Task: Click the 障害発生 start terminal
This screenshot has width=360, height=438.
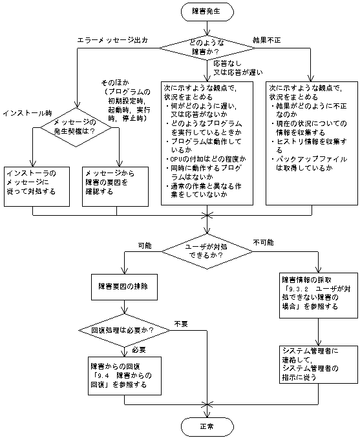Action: click(207, 12)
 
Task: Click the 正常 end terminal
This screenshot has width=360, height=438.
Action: click(207, 426)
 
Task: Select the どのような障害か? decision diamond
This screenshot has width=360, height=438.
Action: click(207, 46)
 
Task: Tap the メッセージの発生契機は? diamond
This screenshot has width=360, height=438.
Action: click(77, 126)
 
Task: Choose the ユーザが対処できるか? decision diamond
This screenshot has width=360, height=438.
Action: click(207, 249)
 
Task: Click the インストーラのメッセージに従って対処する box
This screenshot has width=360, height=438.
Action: click(37, 183)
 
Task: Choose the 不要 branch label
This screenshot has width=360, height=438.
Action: click(180, 323)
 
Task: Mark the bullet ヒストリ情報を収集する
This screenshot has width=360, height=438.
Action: click(308, 140)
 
